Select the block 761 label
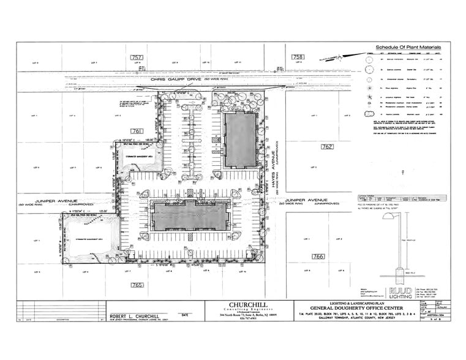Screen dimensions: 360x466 pyautogui.click(x=137, y=130)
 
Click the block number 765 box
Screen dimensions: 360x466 pyautogui.click(x=137, y=285)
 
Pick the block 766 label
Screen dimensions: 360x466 pyautogui.click(x=318, y=256)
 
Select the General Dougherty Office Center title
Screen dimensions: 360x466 pyautogui.click(x=333, y=311)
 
